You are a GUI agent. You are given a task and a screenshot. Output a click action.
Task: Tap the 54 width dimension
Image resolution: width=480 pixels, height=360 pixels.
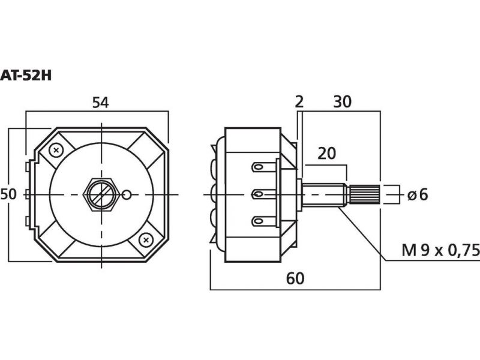pyautogui.click(x=100, y=103)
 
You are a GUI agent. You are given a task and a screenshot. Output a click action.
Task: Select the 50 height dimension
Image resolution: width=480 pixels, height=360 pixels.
pyautogui.click(x=8, y=194)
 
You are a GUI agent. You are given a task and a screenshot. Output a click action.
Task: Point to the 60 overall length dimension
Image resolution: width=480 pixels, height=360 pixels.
pyautogui.click(x=295, y=278)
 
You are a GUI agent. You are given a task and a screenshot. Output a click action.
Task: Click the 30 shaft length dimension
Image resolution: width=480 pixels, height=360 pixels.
pyautogui.click(x=342, y=103)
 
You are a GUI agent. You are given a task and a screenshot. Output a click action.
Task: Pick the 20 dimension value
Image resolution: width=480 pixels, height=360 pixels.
pyautogui.click(x=326, y=153)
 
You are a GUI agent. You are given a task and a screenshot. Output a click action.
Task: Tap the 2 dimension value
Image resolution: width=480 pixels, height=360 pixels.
pyautogui.click(x=299, y=103)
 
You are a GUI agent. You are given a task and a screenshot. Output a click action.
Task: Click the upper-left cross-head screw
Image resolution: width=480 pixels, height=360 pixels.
pyautogui.click(x=56, y=149)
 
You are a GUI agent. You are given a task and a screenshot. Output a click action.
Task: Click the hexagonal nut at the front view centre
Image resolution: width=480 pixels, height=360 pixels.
pyautogui.click(x=101, y=194)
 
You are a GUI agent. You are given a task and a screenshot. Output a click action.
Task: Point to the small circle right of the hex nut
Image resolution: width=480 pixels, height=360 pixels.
pyautogui.click(x=127, y=194)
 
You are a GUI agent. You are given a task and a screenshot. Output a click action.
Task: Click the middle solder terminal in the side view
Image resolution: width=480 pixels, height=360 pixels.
pyautogui.click(x=261, y=194)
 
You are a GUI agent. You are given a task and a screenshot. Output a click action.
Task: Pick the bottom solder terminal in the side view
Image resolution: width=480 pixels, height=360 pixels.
pyautogui.click(x=262, y=221)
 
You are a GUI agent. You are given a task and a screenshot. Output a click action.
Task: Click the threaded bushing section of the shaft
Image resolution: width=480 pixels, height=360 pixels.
pyautogui.click(x=324, y=194)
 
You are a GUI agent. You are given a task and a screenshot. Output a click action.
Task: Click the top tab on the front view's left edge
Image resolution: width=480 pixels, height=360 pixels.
pyautogui.click(x=28, y=165)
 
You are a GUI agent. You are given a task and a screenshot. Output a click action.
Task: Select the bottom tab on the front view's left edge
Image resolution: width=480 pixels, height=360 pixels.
pyautogui.click(x=28, y=223)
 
